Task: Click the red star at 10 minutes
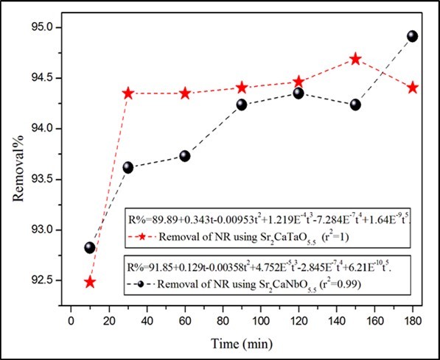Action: [x=90, y=282]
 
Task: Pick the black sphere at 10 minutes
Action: [x=90, y=247]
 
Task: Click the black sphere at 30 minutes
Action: [x=128, y=167]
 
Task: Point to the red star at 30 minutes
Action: [x=128, y=93]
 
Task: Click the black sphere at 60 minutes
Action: [x=185, y=155]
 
